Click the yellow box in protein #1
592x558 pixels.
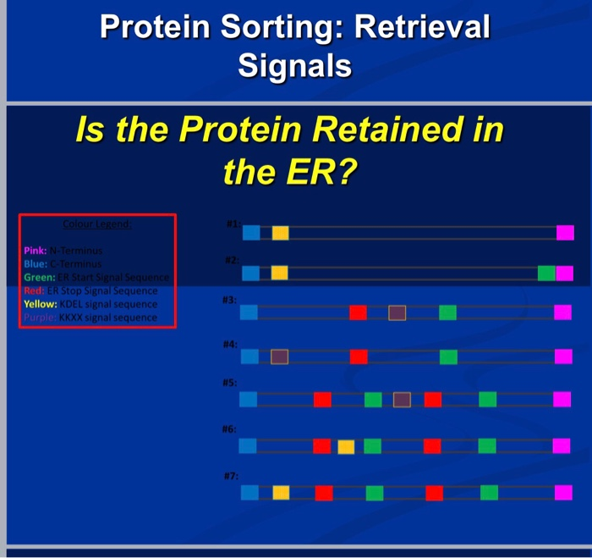pos(280,233)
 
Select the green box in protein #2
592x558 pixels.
pos(546,273)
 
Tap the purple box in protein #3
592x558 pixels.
pos(397,312)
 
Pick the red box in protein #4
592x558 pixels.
pos(359,356)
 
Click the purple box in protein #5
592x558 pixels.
pos(403,400)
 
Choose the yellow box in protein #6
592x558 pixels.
pos(346,446)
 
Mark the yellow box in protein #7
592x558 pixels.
pos(281,492)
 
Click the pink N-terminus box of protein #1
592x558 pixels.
pos(565,233)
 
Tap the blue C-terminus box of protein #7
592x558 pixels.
pos(249,492)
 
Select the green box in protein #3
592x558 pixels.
pos(447,312)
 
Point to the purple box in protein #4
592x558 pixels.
pos(280,356)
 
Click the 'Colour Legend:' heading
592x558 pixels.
pos(96,225)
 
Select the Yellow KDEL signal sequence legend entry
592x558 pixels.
pos(90,304)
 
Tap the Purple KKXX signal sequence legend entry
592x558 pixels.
pos(90,318)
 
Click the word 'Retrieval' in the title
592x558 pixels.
pos(422,27)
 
